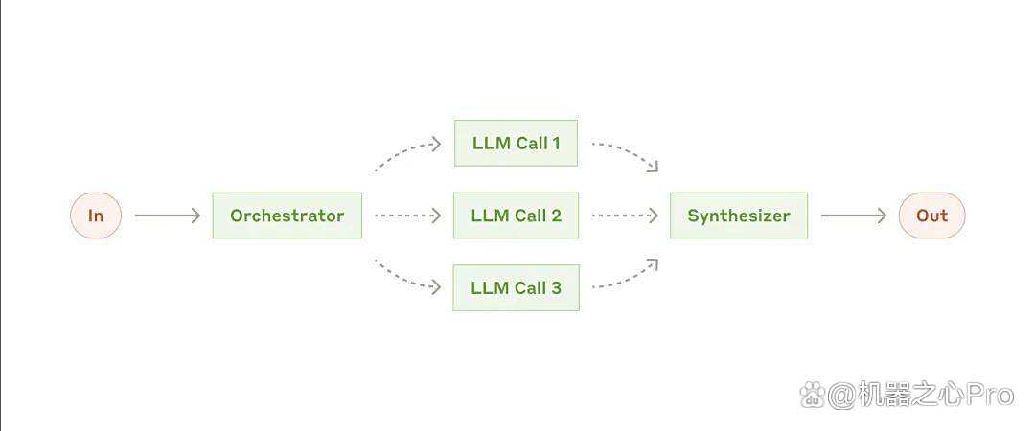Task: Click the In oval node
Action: click(96, 215)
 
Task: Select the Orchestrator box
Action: click(287, 215)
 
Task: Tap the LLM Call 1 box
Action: click(516, 143)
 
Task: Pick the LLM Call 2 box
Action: click(516, 215)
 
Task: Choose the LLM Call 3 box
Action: click(516, 287)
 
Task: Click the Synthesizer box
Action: click(739, 215)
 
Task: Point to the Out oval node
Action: click(932, 215)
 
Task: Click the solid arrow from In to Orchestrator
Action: click(167, 215)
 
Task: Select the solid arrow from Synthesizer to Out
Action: click(854, 215)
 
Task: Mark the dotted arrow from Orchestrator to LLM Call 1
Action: click(404, 150)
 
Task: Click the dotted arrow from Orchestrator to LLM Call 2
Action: click(407, 215)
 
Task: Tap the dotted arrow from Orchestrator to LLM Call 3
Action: click(404, 279)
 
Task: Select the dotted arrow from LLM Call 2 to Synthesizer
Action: click(625, 215)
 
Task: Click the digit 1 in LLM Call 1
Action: click(556, 143)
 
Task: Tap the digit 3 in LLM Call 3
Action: click(556, 287)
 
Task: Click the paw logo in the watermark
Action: click(813, 396)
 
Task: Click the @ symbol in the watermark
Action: click(841, 396)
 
